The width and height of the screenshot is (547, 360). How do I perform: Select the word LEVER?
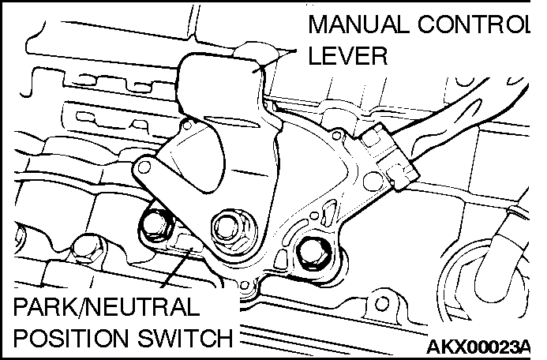348,55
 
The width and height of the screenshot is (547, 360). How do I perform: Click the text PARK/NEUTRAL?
107,307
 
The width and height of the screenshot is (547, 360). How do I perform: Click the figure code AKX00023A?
478,347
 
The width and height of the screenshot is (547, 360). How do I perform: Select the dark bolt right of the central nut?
315,254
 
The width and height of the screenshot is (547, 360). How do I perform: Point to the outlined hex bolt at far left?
87,249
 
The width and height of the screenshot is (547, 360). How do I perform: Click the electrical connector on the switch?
388,157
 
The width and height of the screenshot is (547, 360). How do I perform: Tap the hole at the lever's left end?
144,167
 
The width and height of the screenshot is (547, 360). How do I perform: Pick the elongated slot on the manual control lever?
231,122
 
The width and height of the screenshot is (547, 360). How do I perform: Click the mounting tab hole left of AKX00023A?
381,303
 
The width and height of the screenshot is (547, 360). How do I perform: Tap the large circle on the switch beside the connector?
373,181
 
